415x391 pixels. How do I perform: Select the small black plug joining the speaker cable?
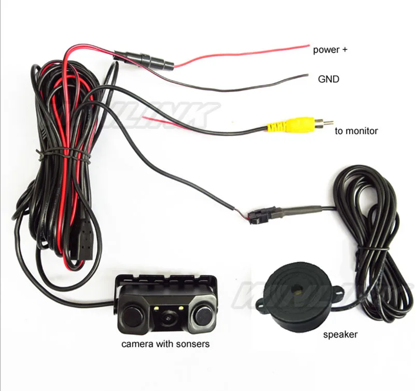257,214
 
